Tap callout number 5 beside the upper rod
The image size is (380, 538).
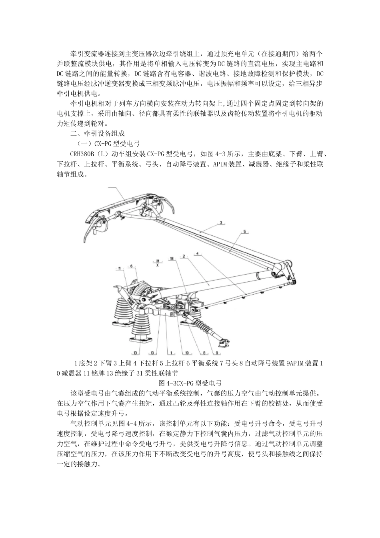point(245,231)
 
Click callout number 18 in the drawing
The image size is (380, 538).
point(172,259)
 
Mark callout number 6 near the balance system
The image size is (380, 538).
point(132,265)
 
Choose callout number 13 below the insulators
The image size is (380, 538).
point(136,353)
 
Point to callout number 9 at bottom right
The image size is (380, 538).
point(218,353)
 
